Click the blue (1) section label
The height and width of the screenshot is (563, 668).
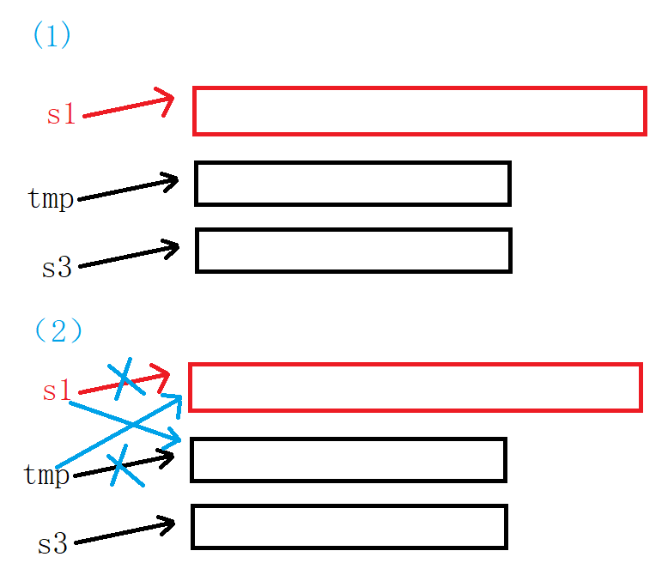51,36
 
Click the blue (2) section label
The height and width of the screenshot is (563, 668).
58,330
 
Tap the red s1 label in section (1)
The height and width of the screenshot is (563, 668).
61,114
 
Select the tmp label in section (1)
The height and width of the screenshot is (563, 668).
51,198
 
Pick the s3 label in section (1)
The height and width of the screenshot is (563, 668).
57,267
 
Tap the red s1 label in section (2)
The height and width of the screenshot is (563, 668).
57,391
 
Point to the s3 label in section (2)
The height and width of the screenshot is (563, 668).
52,543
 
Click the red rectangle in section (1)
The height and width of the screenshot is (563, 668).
419,111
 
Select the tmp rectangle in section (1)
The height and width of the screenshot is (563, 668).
353,183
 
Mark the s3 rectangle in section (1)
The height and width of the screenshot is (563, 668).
354,250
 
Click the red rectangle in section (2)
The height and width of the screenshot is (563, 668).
415,387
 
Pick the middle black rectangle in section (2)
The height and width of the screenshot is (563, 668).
348,460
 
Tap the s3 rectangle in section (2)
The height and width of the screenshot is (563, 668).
349,526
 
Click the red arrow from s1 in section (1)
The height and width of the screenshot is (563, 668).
129,106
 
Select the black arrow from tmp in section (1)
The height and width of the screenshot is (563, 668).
129,190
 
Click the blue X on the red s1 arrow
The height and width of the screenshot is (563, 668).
125,378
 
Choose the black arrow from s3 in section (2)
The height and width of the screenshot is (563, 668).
125,532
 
